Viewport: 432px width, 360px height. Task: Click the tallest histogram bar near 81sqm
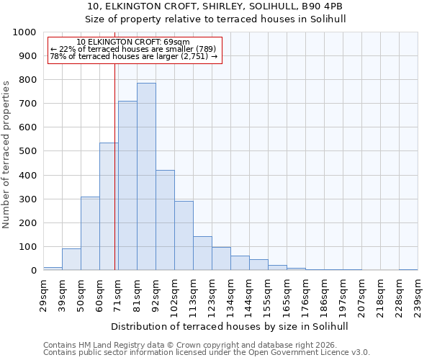click(146, 176)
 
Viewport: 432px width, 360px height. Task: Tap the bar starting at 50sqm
click(90, 233)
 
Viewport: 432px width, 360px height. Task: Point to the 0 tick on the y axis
click(33, 271)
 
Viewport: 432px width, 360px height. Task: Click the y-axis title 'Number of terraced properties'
click(6, 154)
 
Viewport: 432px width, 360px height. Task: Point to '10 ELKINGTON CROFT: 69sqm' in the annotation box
click(133, 42)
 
